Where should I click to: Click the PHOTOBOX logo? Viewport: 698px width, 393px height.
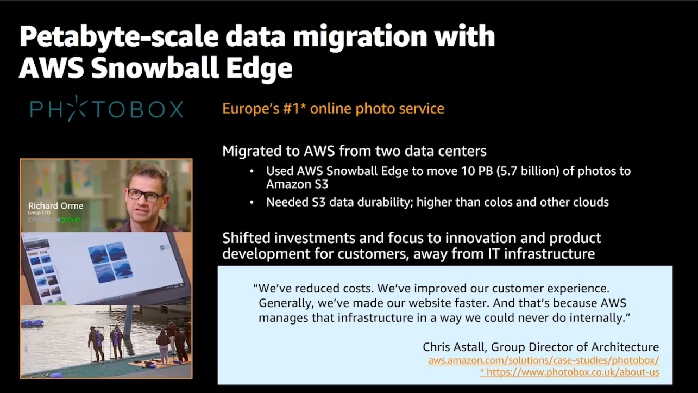(106, 109)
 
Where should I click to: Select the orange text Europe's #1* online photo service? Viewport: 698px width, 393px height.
(333, 109)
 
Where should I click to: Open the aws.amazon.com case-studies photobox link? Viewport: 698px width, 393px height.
(543, 360)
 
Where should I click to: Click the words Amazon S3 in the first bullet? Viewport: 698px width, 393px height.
(297, 185)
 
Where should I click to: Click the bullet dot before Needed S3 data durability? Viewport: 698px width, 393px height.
(251, 202)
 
